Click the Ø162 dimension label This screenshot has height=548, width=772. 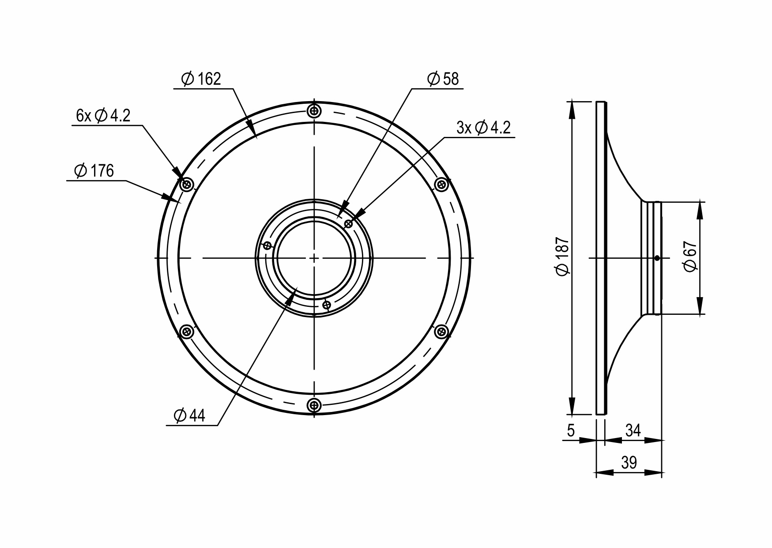201,79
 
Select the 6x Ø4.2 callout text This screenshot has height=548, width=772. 103,116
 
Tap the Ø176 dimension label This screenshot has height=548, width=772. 94,171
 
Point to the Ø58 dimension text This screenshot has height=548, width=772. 443,79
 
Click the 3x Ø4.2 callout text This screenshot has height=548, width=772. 483,128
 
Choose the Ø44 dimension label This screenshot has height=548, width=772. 189,416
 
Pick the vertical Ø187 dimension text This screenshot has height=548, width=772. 563,257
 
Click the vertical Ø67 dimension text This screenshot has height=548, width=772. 690,257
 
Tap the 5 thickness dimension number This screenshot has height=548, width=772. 571,430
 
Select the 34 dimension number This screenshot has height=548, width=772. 633,430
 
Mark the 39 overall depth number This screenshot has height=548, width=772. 629,463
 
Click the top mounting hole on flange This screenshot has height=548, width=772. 314,111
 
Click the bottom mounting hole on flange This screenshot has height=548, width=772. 314,404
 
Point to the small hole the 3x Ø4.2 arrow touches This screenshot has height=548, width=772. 348,224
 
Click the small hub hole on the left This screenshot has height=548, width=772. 267,246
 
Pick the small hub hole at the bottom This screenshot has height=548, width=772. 327,305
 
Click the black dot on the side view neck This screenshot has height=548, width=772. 657,258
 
